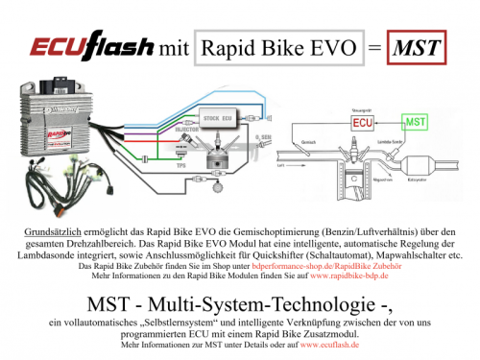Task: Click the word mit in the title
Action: point(172,44)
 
